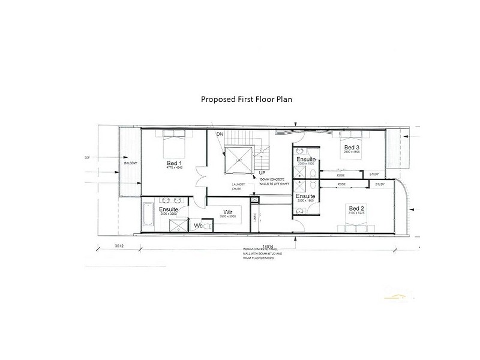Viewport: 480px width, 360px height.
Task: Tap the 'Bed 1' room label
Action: (175, 163)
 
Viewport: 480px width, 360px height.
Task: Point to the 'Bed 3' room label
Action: (352, 147)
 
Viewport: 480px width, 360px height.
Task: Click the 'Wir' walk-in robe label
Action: (227, 212)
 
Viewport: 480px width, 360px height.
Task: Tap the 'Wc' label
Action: (197, 226)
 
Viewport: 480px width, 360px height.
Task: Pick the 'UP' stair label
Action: (262, 173)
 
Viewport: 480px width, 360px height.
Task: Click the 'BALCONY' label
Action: (131, 163)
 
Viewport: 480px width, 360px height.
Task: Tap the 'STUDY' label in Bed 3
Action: (374, 174)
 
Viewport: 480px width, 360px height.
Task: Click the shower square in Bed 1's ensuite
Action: (179, 225)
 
